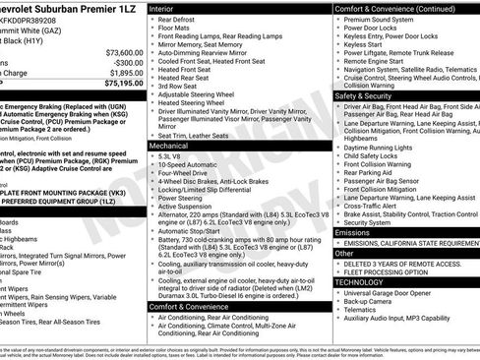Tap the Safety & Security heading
coord(364,96)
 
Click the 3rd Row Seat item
coord(181,84)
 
